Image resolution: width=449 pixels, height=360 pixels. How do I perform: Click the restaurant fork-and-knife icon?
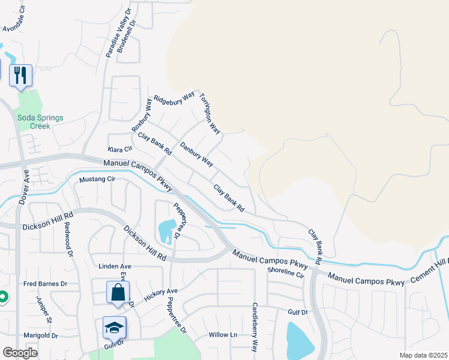click(x=21, y=75)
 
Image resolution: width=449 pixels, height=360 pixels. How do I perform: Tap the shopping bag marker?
click(x=118, y=292)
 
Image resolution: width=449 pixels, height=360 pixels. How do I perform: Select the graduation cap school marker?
click(x=114, y=327)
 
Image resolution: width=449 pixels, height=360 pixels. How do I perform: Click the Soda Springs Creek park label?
click(x=40, y=122)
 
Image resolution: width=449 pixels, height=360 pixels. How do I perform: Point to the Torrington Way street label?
click(x=210, y=113)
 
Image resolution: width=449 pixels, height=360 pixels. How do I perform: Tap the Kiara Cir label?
click(x=119, y=149)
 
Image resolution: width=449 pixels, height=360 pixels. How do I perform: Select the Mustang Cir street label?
click(x=97, y=179)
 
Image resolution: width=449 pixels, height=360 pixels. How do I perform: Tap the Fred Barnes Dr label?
click(x=45, y=284)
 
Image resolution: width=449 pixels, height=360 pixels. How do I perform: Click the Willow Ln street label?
click(x=223, y=335)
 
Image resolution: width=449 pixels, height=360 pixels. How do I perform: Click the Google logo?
click(x=20, y=352)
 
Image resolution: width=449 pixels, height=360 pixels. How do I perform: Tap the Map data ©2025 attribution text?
click(x=423, y=355)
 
